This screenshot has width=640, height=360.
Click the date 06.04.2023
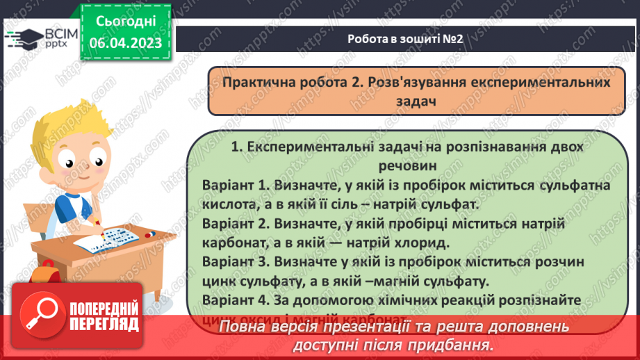pyautogui.click(x=125, y=43)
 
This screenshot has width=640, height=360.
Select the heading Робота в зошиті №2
pyautogui.click(x=405, y=39)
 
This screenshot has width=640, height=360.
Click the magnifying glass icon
pyautogui.click(x=38, y=316)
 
